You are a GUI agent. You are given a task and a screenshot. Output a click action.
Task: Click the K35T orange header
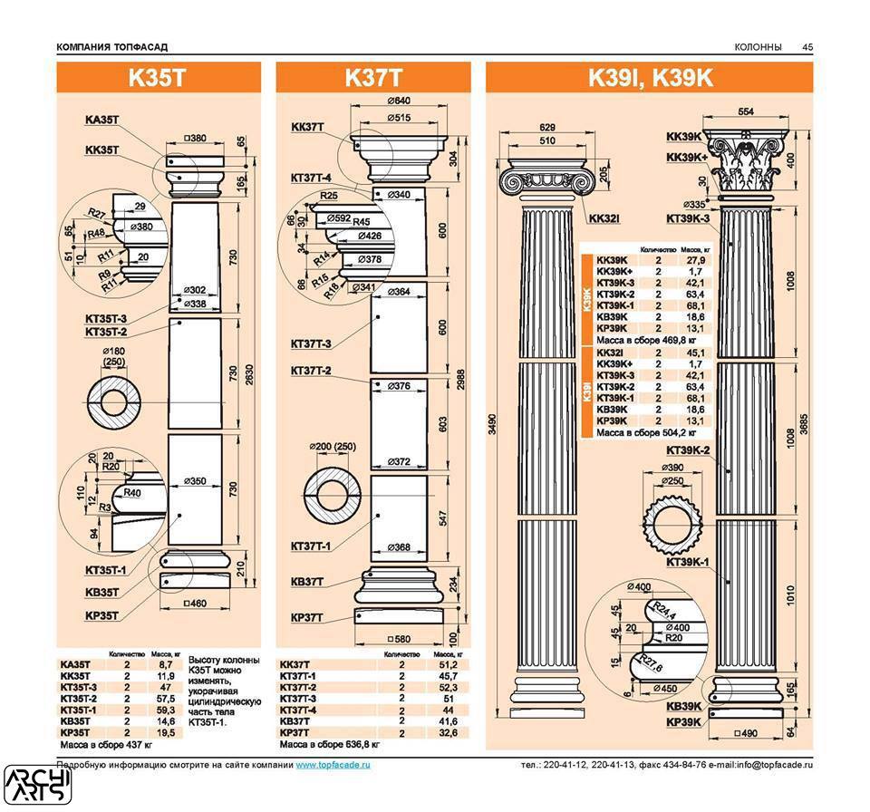[158, 78]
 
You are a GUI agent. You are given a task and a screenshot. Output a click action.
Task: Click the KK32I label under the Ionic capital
[603, 218]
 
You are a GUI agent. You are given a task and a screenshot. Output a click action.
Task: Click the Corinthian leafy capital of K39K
[745, 169]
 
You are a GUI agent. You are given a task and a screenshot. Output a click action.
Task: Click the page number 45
[807, 47]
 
